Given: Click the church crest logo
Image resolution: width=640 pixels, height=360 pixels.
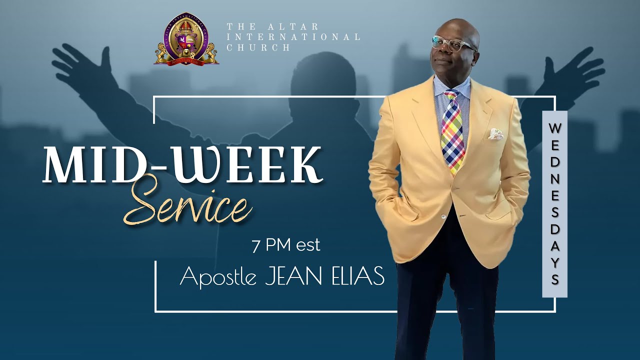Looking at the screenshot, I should (186, 40).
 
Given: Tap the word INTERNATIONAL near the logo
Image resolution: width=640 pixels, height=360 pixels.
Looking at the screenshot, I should (293, 37).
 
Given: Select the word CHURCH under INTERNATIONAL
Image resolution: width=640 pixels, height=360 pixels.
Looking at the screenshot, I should (258, 48).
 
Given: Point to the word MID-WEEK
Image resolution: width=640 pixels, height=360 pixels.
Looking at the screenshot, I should (182, 164).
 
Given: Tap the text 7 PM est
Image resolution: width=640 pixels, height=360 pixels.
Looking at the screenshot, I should (286, 246).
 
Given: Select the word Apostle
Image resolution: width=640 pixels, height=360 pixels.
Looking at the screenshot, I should (219, 276).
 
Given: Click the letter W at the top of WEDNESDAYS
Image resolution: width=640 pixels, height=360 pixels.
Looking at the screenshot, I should (554, 128).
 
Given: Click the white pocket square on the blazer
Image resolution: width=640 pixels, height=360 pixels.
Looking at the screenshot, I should (495, 133).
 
